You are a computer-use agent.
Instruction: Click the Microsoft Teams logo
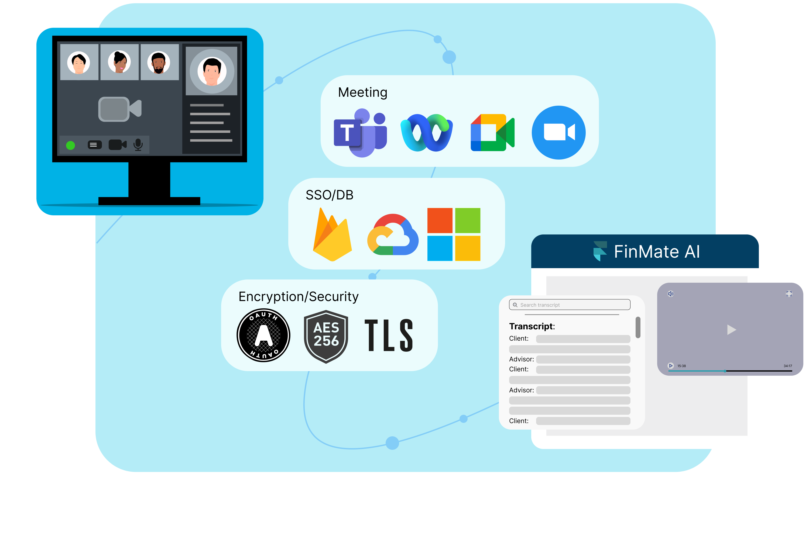point(360,133)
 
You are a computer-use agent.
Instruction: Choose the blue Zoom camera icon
point(558,132)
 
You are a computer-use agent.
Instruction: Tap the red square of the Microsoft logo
point(440,220)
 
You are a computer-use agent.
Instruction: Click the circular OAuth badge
point(263,335)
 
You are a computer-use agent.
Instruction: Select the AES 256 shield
point(326,336)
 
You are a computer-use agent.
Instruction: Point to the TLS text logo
point(389,335)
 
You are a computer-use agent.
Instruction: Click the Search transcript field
point(570,305)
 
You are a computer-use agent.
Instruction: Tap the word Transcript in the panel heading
point(532,326)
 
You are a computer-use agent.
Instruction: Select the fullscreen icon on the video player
point(789,293)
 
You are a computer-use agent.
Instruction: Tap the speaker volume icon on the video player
point(670,293)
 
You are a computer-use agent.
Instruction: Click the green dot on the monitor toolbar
point(70,146)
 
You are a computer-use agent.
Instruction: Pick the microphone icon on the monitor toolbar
point(138,145)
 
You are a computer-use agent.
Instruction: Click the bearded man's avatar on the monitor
point(159,63)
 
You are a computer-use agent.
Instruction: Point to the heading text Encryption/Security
point(298,296)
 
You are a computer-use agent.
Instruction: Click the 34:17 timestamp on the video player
point(788,366)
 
